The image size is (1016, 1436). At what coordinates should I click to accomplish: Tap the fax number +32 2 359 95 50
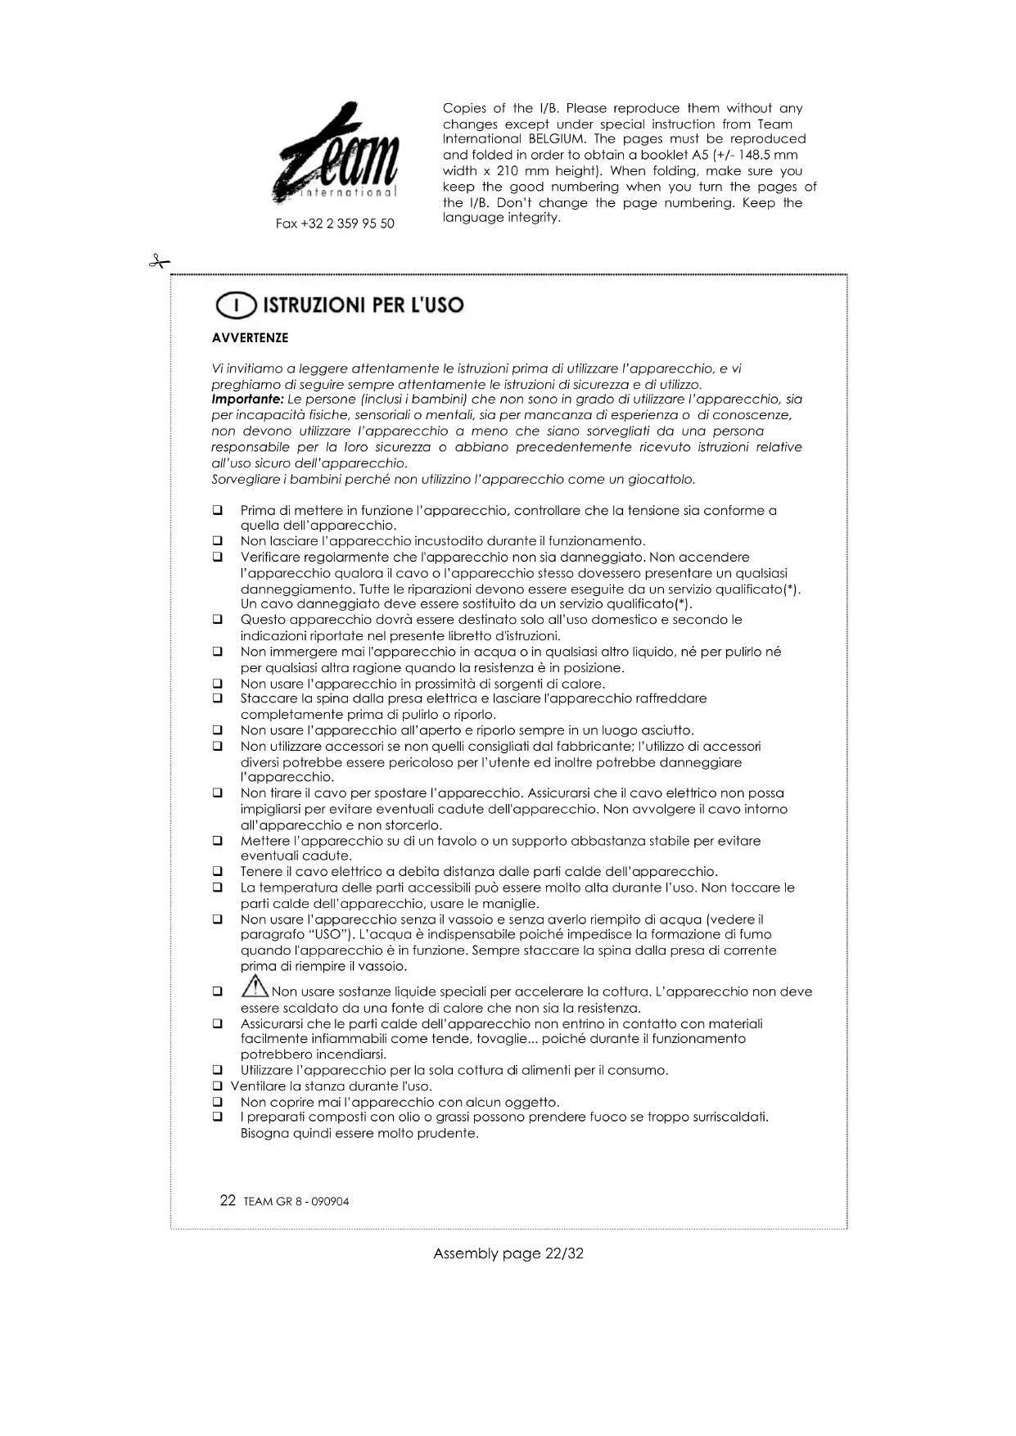[x=335, y=224]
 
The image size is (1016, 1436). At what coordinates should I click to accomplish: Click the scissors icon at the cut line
[x=159, y=262]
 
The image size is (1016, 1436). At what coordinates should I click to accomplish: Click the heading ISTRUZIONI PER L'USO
[x=363, y=305]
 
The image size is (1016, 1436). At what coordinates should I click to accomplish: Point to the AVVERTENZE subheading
[x=250, y=338]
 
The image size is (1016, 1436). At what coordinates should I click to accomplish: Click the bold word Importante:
[x=247, y=400]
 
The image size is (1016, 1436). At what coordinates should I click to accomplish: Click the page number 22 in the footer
[x=228, y=1201]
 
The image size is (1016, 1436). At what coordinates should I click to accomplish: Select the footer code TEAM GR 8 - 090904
[x=296, y=1202]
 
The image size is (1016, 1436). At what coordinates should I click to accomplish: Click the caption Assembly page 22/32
[x=508, y=1253]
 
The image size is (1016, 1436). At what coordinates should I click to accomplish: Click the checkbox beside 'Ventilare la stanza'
[x=218, y=1086]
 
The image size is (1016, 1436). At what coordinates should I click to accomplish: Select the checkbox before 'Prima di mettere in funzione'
[x=218, y=511]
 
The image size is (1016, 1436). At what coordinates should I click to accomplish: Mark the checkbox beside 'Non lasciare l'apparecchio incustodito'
[x=218, y=541]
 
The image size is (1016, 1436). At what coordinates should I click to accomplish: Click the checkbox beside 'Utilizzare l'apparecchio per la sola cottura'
[x=218, y=1070]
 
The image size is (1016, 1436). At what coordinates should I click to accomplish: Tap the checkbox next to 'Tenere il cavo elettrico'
[x=218, y=872]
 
